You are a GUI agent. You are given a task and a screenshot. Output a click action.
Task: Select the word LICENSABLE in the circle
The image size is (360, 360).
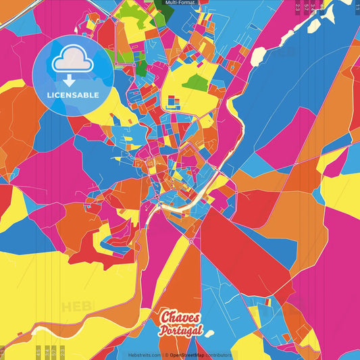click(x=73, y=95)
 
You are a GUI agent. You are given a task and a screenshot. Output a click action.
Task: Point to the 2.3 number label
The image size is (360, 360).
click(x=298, y=7)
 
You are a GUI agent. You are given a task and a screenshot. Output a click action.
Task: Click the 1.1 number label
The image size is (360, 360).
click(x=356, y=7)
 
